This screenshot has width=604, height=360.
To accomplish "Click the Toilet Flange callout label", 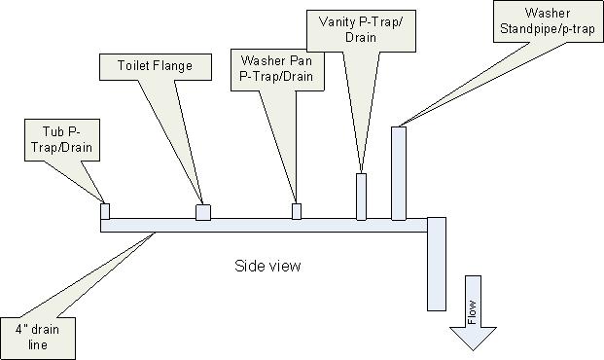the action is tap(156, 67).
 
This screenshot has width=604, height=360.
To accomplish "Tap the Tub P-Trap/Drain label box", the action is tap(62, 140).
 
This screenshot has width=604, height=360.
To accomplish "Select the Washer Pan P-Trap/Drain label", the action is tap(277, 70).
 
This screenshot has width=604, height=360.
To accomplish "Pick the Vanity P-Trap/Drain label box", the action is tap(361, 31).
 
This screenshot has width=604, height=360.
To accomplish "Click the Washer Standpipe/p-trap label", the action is tap(549, 21).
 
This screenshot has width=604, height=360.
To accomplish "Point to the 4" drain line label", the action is tap(38, 338).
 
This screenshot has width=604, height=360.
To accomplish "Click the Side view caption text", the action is tap(267, 266).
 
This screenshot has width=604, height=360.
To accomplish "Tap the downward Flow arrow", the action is tap(473, 312).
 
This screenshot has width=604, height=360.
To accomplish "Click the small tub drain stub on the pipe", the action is tap(105, 211).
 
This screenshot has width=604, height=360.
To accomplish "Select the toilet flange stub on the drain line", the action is tap(203, 212).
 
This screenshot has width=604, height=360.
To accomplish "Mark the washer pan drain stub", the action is tap(297, 211).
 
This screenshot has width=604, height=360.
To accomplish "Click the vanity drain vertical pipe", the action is tap(361, 197).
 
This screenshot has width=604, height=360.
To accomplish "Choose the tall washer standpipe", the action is tap(399, 173).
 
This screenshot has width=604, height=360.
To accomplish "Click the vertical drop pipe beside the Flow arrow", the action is tap(437, 264).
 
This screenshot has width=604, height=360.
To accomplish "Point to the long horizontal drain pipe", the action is tap(264, 225).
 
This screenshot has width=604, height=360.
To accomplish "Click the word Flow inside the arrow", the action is tap(472, 312).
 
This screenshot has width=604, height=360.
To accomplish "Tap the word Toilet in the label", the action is tap(132, 65).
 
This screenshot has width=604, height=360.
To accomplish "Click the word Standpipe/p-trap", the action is tap(548, 29).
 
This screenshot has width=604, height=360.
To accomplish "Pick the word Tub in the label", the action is tap(53, 131).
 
